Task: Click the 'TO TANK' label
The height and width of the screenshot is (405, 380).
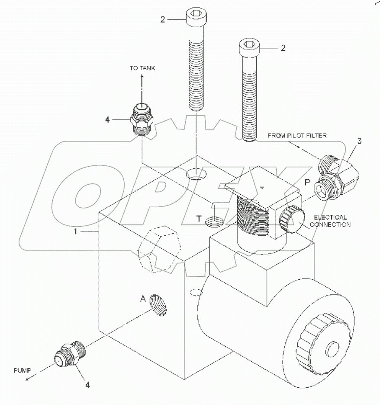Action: [142, 68]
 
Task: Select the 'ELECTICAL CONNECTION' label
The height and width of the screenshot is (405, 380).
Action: [330, 221]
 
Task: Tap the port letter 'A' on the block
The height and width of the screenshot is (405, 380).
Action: [142, 298]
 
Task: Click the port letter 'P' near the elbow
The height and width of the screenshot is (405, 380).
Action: [307, 183]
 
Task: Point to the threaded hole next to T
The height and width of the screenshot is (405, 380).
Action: [214, 222]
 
